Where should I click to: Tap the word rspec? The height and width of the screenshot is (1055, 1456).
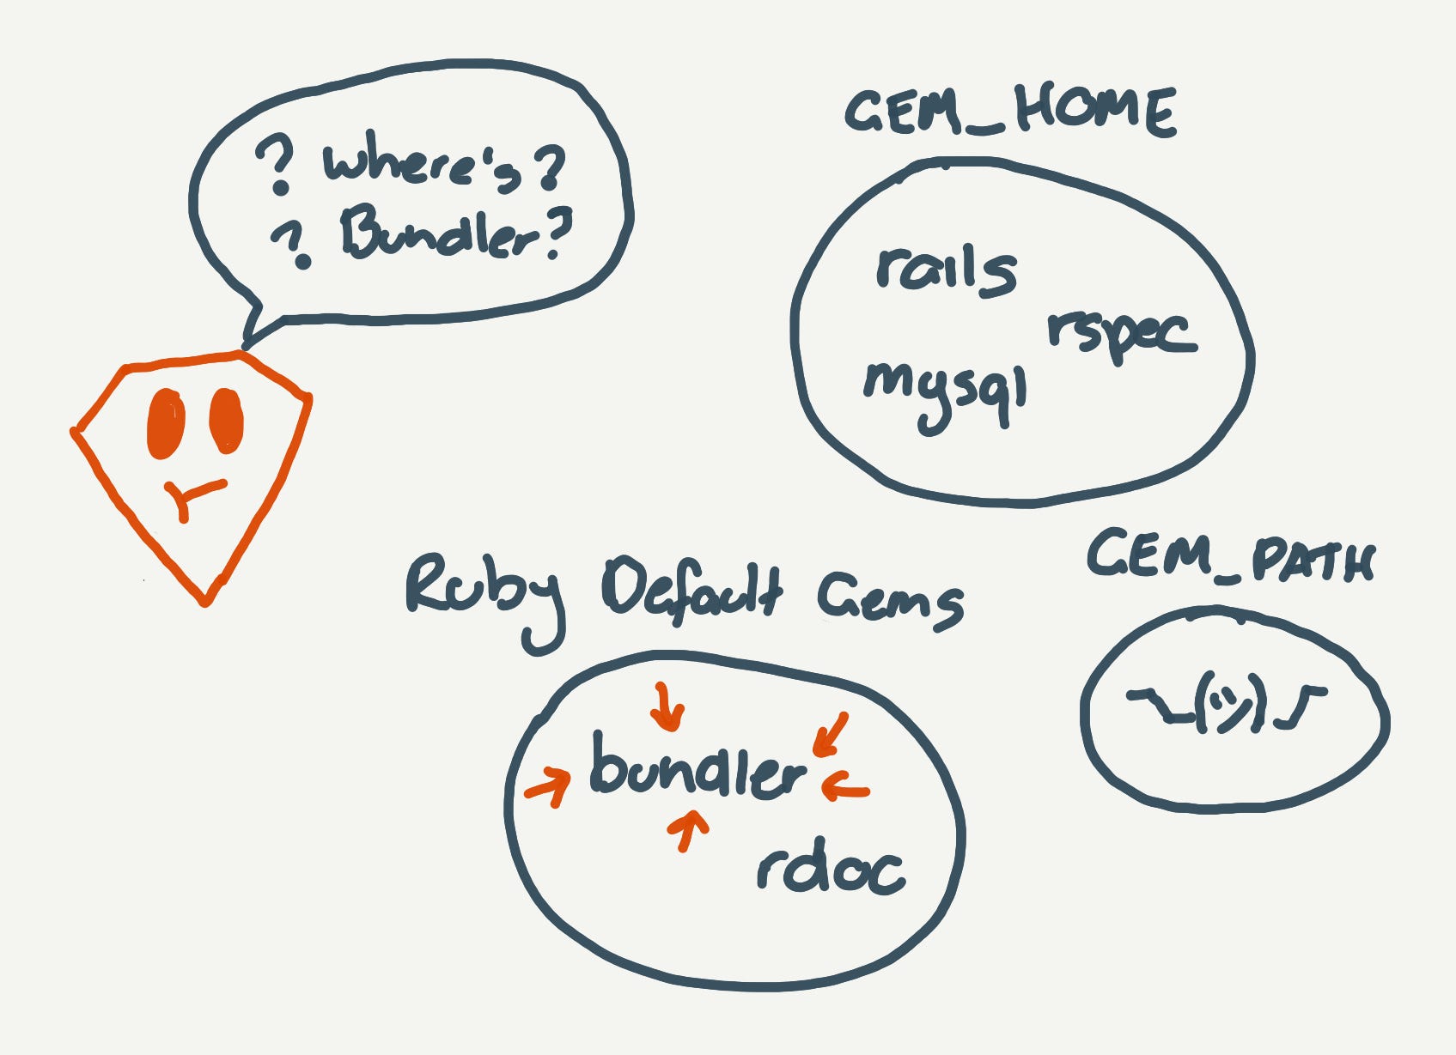tap(1121, 333)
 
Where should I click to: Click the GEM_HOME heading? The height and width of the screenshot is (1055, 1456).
tap(1010, 112)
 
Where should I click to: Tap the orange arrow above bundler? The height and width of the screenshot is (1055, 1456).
tap(667, 706)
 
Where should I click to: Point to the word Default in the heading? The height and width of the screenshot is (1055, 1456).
tap(692, 591)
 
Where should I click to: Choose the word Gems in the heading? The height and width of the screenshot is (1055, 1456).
tap(889, 598)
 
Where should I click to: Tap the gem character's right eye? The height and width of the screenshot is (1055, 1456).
tap(226, 421)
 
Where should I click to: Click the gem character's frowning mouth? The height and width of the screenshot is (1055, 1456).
tap(193, 497)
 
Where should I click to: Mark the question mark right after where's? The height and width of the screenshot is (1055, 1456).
tap(549, 167)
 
